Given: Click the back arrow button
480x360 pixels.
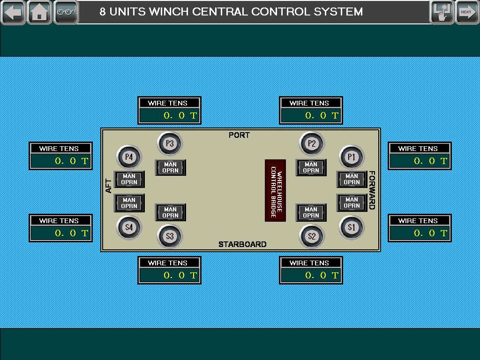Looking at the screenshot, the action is tap(13, 12).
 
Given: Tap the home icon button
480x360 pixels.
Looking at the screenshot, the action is tap(39, 12).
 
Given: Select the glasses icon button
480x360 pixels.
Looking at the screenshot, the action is tap(66, 12).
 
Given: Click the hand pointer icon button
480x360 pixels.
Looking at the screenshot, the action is tap(442, 12).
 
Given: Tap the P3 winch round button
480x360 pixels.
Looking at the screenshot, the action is tap(170, 143).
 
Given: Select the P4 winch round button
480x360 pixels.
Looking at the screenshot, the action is tap(129, 157).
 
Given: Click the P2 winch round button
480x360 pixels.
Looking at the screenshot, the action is tap(312, 143).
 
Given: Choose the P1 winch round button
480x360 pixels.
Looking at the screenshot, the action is tap(352, 157).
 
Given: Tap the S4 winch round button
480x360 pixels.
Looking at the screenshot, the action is tap(129, 227).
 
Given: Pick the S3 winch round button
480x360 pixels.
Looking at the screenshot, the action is tap(170, 236).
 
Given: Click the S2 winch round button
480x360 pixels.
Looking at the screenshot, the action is tap(312, 236).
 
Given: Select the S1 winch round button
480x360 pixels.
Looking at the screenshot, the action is tap(352, 227).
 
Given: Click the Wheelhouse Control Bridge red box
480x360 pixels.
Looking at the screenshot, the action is tap(275, 190).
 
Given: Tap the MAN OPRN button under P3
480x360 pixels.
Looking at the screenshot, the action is tap(171, 167).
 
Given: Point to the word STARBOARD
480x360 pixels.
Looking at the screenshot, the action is tap(242, 244).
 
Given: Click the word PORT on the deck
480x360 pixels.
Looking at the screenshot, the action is tap(239, 135).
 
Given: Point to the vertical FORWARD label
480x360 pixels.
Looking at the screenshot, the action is tap(372, 190).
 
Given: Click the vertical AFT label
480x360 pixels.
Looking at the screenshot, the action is tap(108, 186).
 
